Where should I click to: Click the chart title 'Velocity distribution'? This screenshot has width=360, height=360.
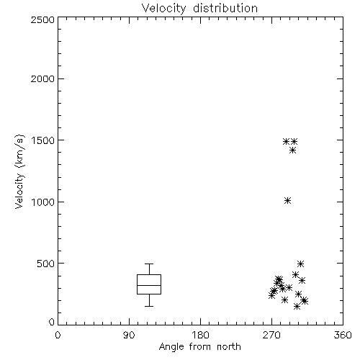[x=199, y=8]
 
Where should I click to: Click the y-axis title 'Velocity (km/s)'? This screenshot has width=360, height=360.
[x=19, y=171]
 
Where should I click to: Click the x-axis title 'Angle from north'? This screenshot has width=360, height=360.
[x=199, y=347]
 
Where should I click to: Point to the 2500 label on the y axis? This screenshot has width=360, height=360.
[x=42, y=19]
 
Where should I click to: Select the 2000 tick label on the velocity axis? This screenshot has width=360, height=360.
[x=42, y=78]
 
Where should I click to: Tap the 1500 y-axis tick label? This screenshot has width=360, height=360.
[x=43, y=140]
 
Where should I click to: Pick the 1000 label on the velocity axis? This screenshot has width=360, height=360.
[x=43, y=202]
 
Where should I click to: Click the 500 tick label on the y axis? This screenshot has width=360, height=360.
[x=46, y=264]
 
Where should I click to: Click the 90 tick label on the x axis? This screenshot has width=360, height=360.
[x=129, y=335]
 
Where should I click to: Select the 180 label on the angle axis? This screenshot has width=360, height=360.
[x=200, y=335]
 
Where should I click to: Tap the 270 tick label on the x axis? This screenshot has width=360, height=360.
[x=271, y=335]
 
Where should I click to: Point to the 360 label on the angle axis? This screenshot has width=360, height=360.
[x=343, y=335]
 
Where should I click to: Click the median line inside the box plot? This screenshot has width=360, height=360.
[x=149, y=285]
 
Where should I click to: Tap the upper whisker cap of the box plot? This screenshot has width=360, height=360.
[x=149, y=264]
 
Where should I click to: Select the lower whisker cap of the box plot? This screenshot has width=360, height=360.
[x=149, y=306]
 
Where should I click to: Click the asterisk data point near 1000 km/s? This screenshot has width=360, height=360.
[x=288, y=201]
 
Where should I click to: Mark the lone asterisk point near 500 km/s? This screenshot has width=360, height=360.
[x=300, y=264]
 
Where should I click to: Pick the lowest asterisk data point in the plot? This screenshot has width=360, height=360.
[x=297, y=307]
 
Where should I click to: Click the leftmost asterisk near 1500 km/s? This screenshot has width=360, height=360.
[x=286, y=141]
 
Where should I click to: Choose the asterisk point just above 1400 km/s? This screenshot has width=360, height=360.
[x=292, y=150]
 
